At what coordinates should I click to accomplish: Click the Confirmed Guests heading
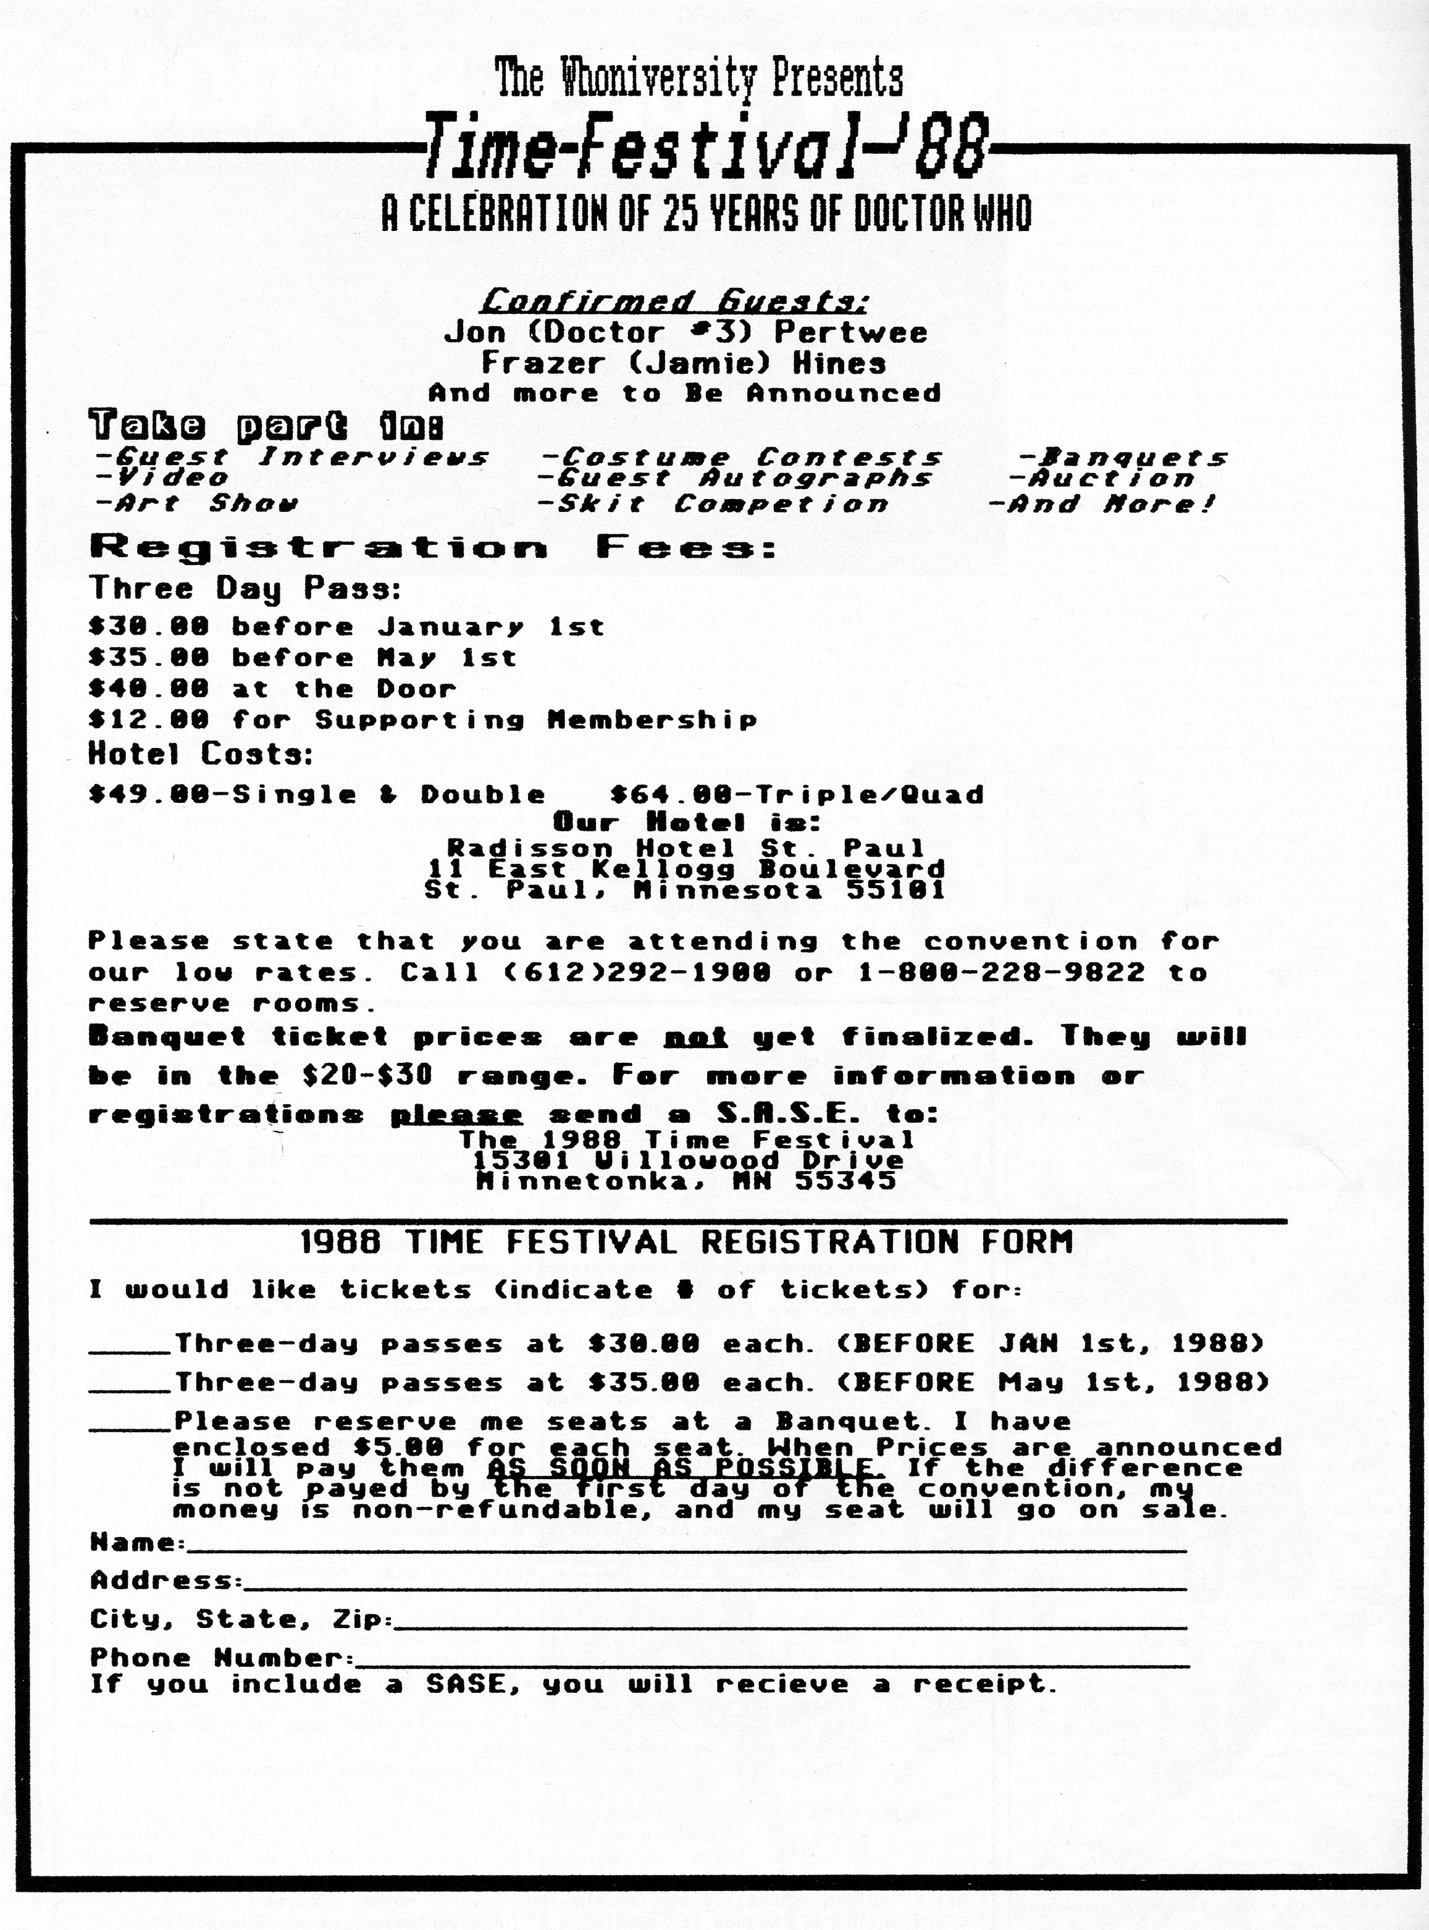coord(675,302)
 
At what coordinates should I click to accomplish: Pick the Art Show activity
coord(197,503)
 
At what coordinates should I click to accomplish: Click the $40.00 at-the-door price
coord(149,689)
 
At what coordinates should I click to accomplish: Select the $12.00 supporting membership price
coord(149,720)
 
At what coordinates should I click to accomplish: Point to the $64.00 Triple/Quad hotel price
coord(797,794)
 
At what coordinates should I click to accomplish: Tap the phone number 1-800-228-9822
coord(1001,971)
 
